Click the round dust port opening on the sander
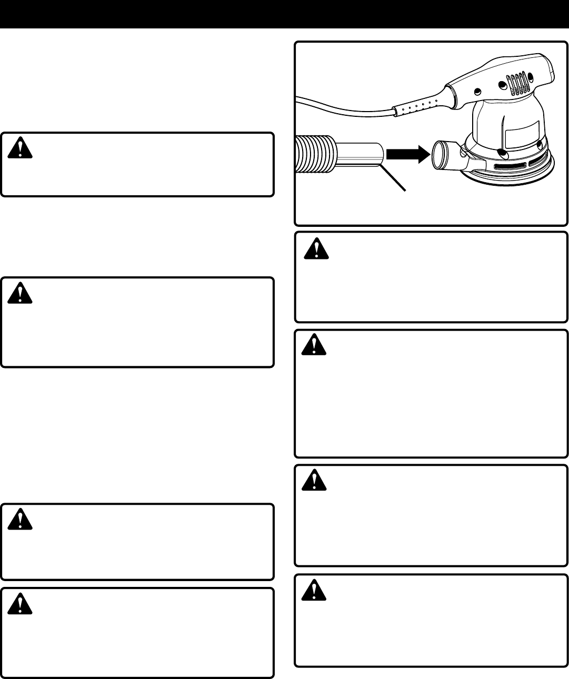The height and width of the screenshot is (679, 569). tap(440, 153)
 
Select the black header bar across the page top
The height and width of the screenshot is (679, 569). tap(284, 14)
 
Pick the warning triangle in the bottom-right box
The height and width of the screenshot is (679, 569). tap(315, 590)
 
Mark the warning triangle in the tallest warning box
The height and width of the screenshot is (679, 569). tap(315, 345)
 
